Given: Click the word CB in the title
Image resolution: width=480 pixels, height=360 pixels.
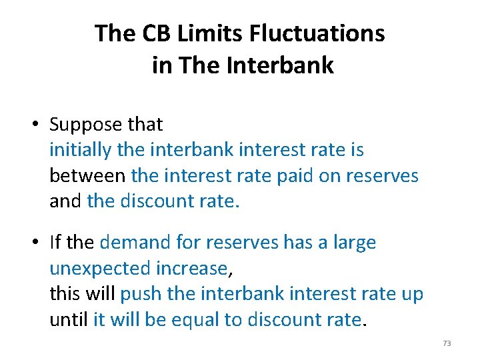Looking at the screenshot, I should [141, 33].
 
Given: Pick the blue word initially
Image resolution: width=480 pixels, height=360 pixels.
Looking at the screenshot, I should [81, 150].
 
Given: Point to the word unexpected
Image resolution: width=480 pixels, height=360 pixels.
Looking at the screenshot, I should [100, 269].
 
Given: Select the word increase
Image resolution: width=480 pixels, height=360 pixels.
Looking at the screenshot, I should [191, 269].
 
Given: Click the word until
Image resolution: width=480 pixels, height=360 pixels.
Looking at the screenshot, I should [69, 319].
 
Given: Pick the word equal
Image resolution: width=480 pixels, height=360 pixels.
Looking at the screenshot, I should [196, 319].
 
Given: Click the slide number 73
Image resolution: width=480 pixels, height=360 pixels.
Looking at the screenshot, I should [447, 343].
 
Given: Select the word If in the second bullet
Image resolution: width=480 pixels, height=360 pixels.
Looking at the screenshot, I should [57, 243].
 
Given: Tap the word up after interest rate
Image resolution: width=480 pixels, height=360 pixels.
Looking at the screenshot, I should [411, 294].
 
